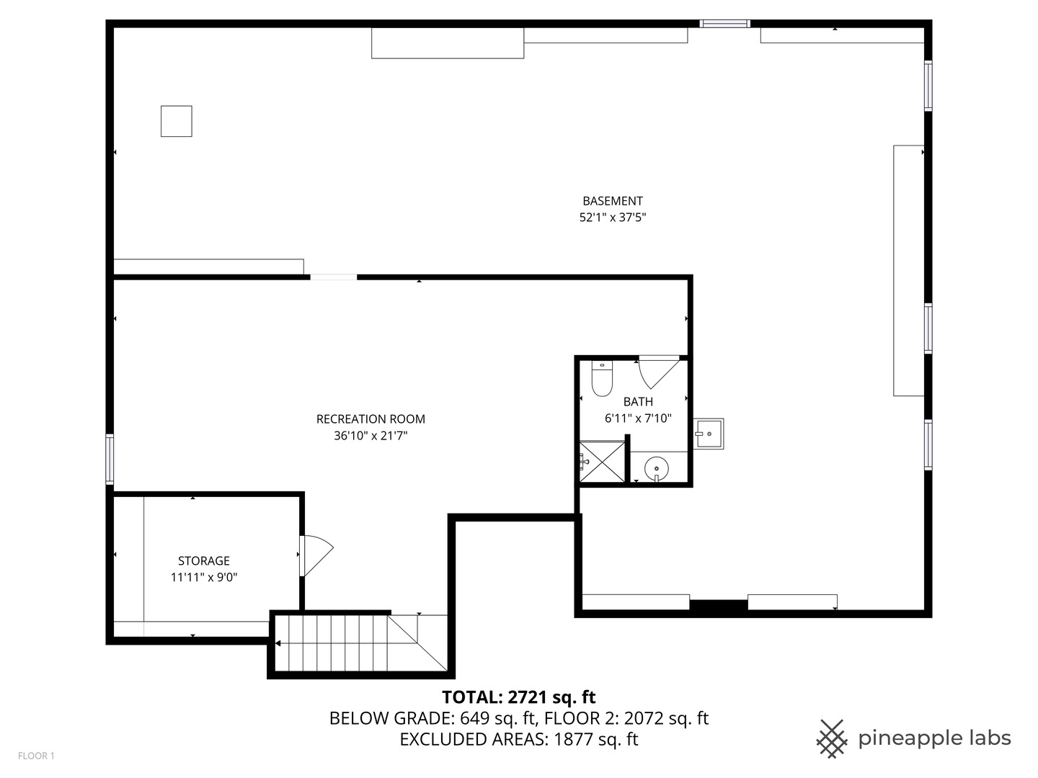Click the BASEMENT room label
click(612, 201)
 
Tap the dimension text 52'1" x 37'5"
click(612, 217)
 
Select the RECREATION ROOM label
click(371, 419)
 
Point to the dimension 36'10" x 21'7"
click(371, 435)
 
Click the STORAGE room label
click(204, 560)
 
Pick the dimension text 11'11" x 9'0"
click(204, 577)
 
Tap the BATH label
click(638, 401)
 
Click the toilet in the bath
click(601, 379)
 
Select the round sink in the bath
click(656, 468)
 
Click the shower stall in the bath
click(603, 461)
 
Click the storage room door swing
click(314, 555)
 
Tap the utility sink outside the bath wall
click(709, 434)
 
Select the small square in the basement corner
click(176, 121)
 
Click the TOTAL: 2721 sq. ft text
click(518, 697)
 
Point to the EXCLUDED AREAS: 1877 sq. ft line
click(518, 739)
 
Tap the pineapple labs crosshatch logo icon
click(832, 738)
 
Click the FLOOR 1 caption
click(36, 756)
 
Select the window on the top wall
click(724, 24)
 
